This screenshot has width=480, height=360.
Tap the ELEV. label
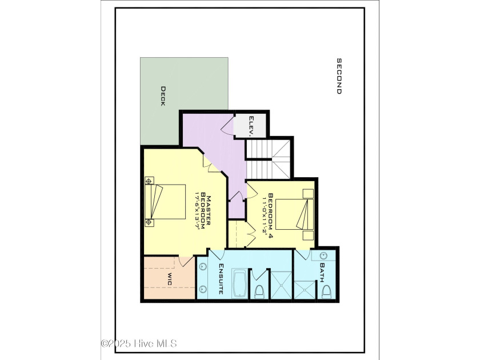point(251,125)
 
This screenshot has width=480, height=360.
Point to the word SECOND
point(338,76)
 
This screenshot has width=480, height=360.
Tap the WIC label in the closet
point(169,279)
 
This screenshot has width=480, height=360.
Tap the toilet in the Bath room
point(327,292)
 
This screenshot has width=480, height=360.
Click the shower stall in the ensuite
point(279,283)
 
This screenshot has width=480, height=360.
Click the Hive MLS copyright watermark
point(139,343)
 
